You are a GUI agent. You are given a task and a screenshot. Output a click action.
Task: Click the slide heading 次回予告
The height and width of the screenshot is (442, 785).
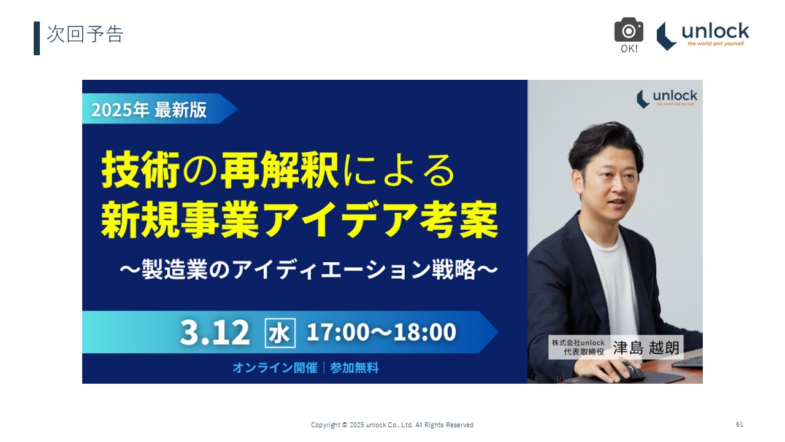click(85, 34)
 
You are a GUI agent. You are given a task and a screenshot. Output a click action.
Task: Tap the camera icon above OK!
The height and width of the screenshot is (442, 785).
click(629, 29)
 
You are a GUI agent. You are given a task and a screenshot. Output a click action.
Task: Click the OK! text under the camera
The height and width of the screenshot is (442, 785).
click(629, 48)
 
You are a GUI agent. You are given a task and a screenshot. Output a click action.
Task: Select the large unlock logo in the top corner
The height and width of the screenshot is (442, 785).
click(703, 36)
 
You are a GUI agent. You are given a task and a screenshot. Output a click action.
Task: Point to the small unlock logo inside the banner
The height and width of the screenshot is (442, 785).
click(667, 99)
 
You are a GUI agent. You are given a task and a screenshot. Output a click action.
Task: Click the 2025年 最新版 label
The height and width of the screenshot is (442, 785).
click(149, 110)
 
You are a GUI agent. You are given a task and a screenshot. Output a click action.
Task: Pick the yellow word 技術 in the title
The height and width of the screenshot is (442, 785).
click(140, 170)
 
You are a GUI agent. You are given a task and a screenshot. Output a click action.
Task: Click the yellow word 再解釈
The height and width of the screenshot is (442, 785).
click(280, 170)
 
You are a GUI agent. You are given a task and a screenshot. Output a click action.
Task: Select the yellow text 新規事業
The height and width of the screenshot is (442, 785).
click(180, 220)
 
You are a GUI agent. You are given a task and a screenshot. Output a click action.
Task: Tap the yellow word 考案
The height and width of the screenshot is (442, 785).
click(459, 220)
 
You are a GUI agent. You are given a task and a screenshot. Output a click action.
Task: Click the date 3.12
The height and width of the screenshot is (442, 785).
click(215, 332)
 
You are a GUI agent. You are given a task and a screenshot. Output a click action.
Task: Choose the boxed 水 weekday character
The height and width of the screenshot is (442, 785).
click(280, 333)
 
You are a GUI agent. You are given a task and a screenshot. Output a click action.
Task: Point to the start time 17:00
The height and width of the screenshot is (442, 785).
click(338, 332)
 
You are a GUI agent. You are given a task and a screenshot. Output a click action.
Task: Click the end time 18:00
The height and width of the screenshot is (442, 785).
click(425, 332)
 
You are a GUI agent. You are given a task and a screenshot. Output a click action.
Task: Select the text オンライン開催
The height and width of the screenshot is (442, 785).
click(275, 368)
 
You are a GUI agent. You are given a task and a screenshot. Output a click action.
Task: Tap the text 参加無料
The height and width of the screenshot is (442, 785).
click(354, 368)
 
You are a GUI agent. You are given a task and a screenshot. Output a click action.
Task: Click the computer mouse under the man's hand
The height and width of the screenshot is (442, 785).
click(629, 371)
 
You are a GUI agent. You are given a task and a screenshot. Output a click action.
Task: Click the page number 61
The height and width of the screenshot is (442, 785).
click(740, 424)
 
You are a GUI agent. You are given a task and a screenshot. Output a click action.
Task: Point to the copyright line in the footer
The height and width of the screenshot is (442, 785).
click(392, 425)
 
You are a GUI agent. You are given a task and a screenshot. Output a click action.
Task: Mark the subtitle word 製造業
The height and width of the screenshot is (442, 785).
click(175, 269)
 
